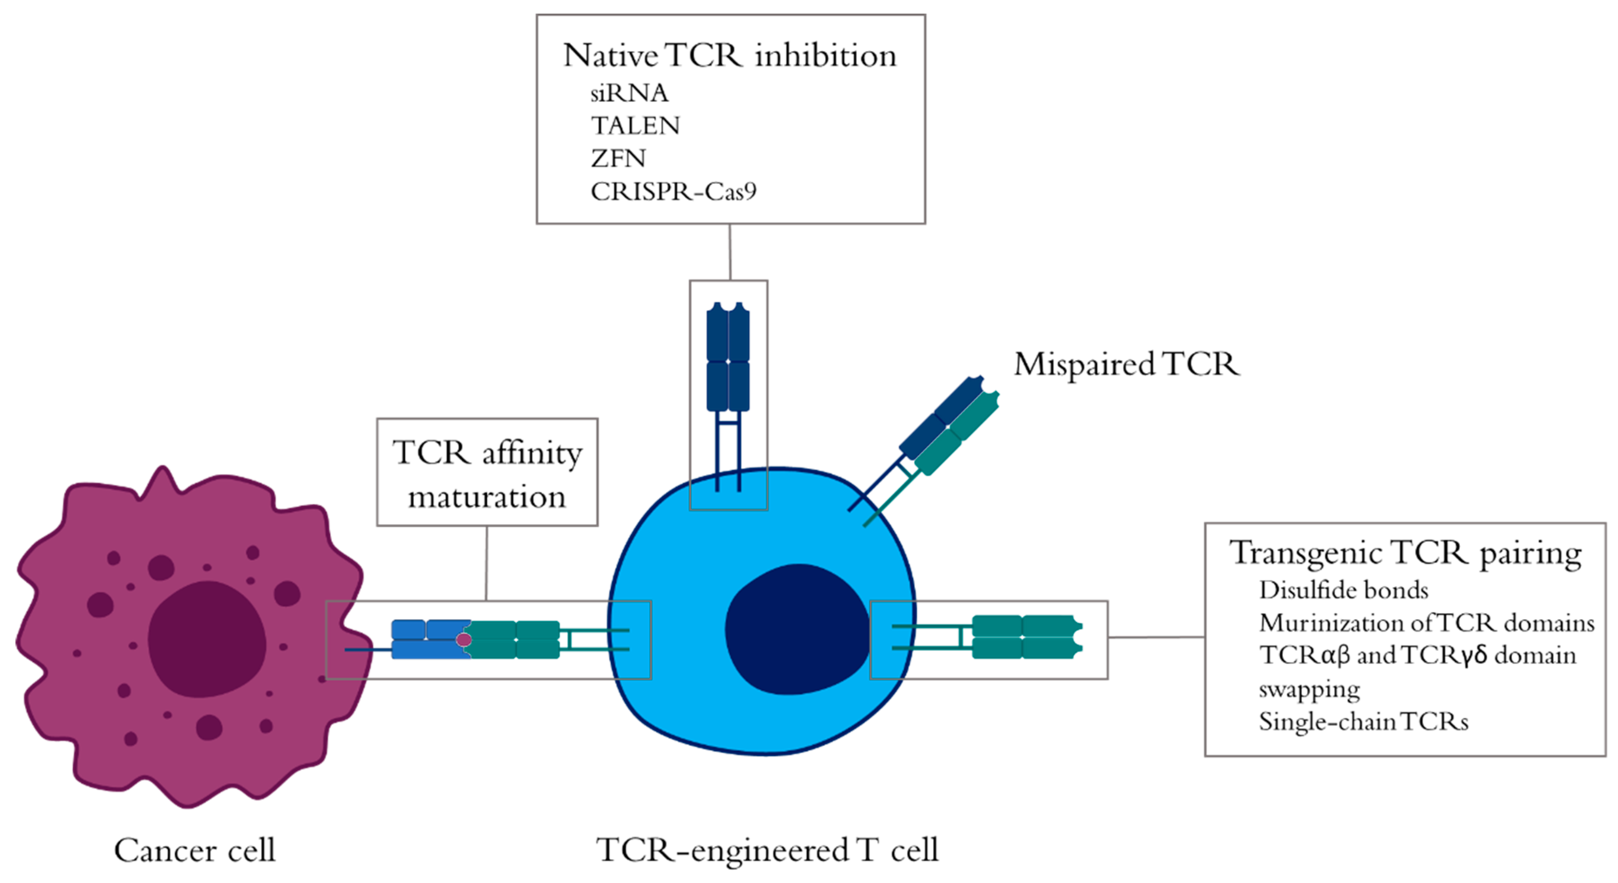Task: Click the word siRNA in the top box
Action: coord(629,93)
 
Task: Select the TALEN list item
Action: coord(635,126)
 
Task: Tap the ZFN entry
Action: coord(618,158)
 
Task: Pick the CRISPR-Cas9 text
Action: coord(673,191)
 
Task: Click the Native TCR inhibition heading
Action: coord(729,55)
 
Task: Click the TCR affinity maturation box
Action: coord(487,473)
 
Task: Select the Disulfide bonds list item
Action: coord(1343,591)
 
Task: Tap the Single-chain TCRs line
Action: coord(1364,722)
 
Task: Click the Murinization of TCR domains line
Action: coord(1426,623)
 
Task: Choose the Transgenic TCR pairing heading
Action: coord(1405,553)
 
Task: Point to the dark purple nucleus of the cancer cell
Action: coord(206,638)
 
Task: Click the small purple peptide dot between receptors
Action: coord(464,639)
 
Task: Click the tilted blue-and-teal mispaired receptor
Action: coord(948,427)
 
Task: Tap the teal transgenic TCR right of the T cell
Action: coord(1024,637)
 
